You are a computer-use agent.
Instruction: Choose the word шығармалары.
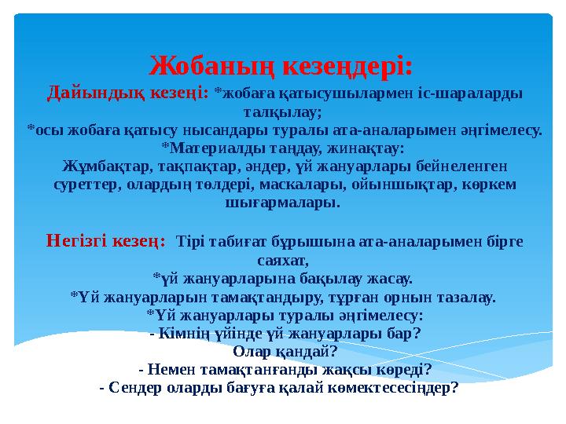283,203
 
